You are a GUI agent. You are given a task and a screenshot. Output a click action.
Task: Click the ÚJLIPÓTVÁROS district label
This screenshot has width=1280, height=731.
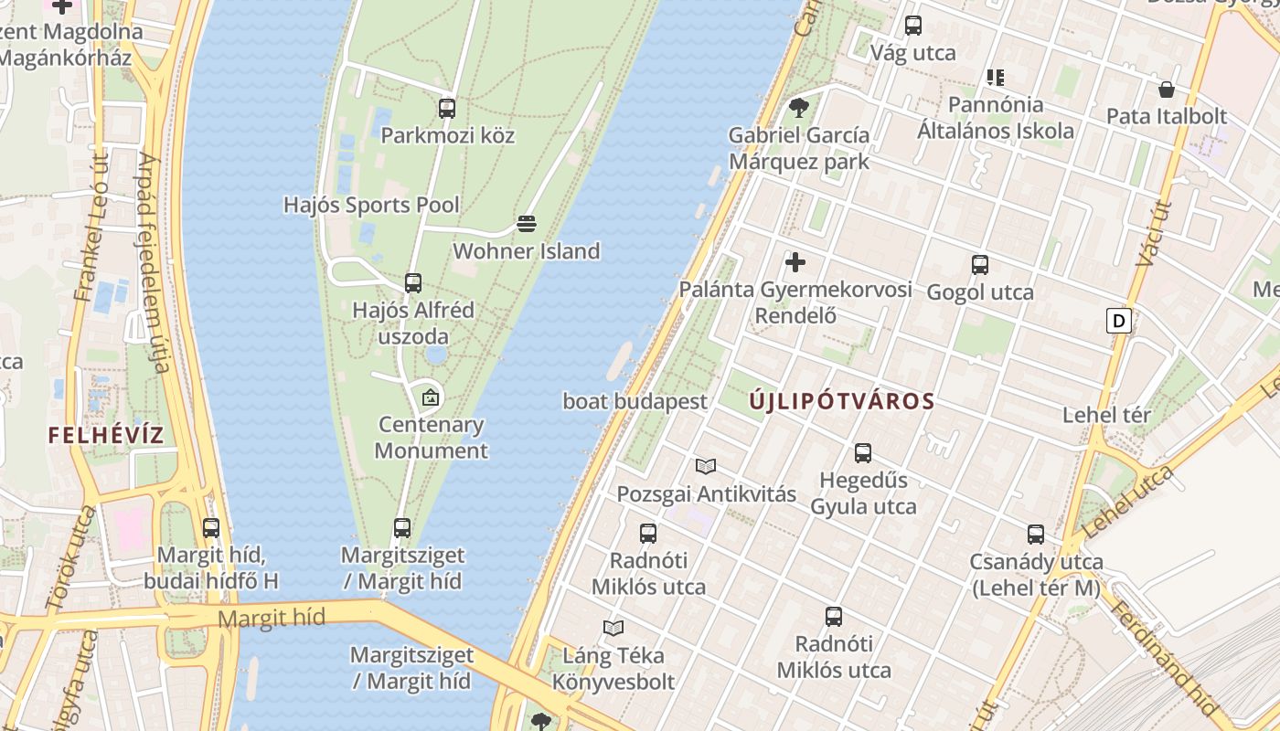pos(842,401)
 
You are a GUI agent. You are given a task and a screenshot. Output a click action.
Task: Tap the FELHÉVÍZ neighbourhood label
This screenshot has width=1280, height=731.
pos(106,435)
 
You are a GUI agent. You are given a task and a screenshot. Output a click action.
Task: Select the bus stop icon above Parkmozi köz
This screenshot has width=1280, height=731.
pos(447,108)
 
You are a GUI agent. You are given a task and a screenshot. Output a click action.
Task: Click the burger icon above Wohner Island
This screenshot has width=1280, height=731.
pos(526,224)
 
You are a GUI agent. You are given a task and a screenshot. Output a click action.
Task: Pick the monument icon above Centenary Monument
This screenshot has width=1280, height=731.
pos(430,397)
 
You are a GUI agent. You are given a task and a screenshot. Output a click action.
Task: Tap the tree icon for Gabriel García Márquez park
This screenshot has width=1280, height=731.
pos(799,108)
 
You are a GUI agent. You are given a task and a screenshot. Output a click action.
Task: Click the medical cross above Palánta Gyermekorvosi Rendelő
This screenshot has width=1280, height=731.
pos(795,262)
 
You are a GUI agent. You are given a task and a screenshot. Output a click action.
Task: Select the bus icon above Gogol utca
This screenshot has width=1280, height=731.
pos(980,265)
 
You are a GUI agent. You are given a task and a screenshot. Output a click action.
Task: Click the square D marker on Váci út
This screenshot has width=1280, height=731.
pos(1118,321)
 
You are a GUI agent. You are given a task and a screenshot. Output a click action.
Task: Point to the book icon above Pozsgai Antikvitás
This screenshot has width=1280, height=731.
pos(706,467)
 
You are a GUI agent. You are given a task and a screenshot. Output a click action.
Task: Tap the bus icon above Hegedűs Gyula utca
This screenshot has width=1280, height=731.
pos(863,452)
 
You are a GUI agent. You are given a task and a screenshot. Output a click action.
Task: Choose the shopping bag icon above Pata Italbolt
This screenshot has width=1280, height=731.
pos(1167,90)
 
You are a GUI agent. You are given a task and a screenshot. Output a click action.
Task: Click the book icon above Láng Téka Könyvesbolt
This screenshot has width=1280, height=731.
pos(613,628)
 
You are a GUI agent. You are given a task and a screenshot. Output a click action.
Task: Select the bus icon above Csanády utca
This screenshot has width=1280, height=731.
pos(1036,534)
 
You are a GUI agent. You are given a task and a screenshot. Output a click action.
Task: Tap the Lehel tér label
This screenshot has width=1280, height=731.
pos(1106,416)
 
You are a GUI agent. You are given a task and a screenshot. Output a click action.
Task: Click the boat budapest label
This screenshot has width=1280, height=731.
pos(635,401)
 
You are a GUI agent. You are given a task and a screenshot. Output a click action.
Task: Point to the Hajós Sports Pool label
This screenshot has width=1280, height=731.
pos(371,205)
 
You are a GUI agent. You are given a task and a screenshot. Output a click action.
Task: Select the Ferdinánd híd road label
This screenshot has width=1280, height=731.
pos(1164,656)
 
